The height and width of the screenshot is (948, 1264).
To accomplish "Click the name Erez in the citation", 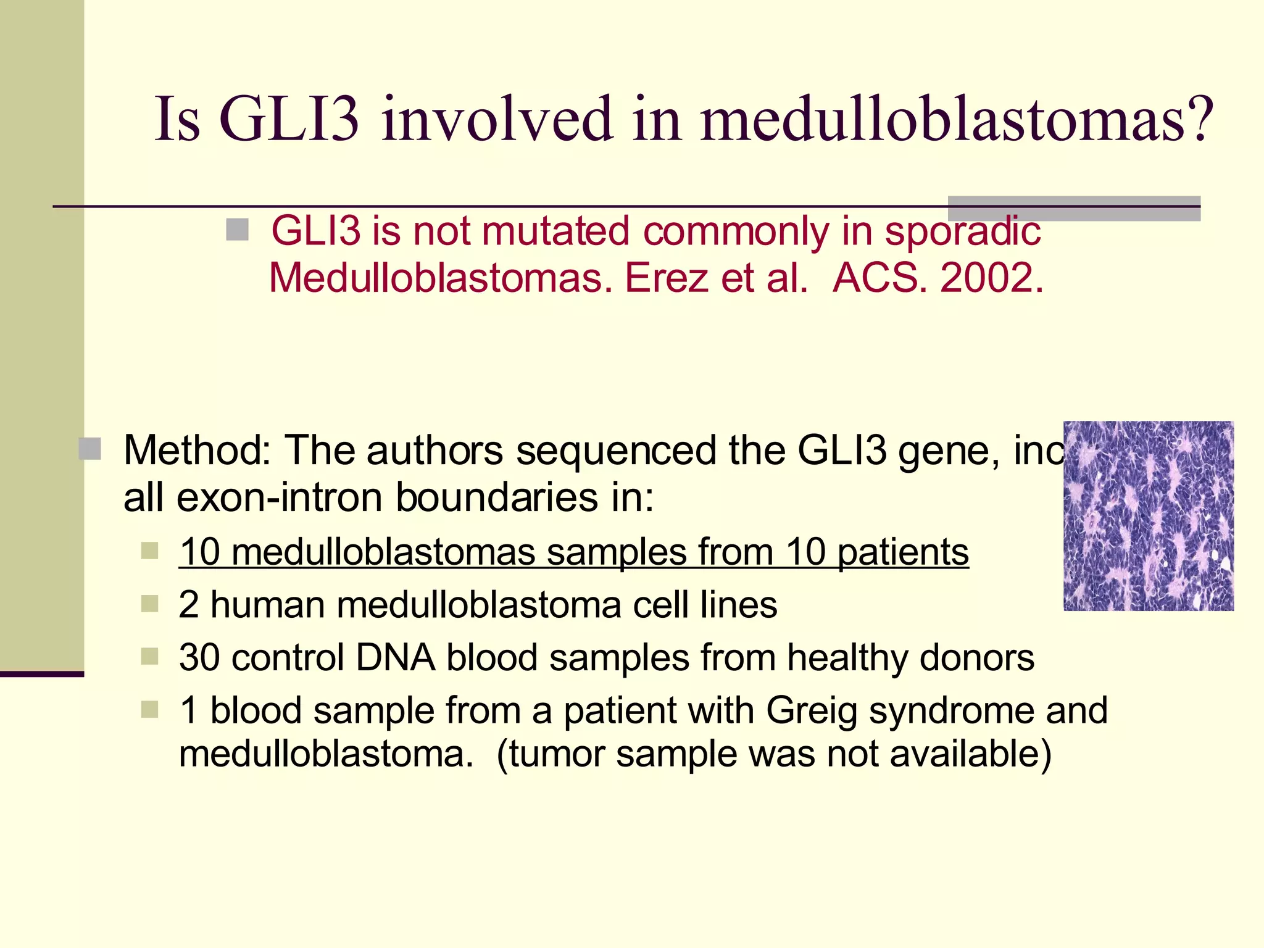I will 666,278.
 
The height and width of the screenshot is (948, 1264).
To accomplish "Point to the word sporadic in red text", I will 962,231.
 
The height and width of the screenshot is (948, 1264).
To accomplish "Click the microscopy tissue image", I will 1148,516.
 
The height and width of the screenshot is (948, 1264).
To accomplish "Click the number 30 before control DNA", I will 199,657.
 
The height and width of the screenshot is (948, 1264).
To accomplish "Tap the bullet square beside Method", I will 90,449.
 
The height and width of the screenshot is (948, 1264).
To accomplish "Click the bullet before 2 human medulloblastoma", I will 150,603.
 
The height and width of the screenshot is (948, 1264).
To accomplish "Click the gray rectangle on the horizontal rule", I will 1073,209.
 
